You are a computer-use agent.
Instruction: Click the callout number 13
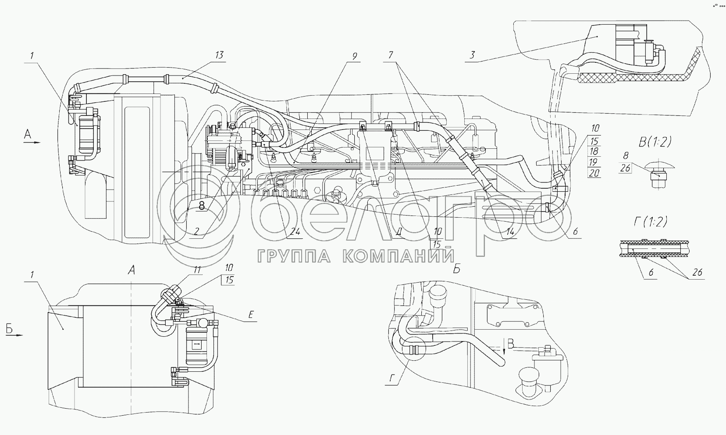click(219, 55)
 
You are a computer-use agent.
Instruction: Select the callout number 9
click(354, 56)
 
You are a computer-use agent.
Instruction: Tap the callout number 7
click(391, 55)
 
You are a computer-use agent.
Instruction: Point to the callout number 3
click(472, 55)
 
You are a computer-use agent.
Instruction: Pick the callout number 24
click(295, 231)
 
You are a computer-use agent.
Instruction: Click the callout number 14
click(510, 231)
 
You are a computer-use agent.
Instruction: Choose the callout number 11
click(197, 270)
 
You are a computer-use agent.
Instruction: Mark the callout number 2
click(196, 231)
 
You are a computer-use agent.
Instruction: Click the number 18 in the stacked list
click(594, 151)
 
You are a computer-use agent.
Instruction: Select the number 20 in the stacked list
click(594, 173)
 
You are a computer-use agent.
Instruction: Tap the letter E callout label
click(250, 315)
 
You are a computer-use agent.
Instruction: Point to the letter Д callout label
click(399, 232)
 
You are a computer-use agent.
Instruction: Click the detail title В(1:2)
click(655, 142)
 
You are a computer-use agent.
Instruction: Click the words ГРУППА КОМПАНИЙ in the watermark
click(356, 256)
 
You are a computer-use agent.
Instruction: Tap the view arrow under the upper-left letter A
click(32, 143)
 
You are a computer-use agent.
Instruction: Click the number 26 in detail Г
click(697, 272)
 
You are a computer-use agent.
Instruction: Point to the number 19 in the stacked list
click(594, 162)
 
